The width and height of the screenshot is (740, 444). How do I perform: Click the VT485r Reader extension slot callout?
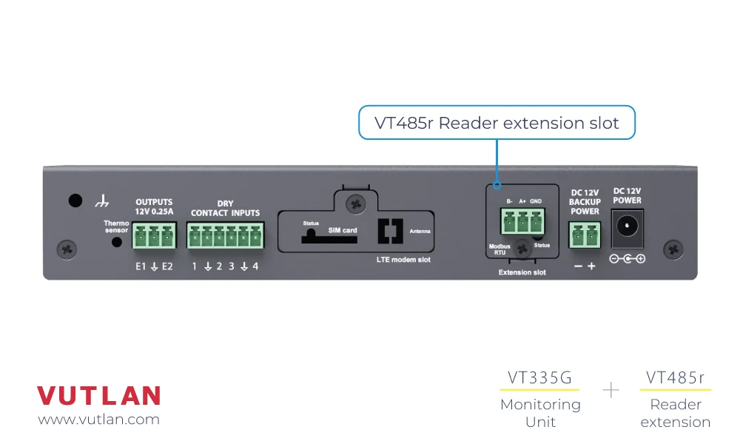(497, 123)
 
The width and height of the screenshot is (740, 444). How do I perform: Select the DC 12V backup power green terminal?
(585, 236)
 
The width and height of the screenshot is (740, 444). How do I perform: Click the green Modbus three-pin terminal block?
(522, 221)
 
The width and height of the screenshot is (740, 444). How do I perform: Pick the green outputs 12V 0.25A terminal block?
(155, 236)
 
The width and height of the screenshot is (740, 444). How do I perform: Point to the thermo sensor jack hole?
(117, 242)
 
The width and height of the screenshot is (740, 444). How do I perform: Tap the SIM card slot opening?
(320, 237)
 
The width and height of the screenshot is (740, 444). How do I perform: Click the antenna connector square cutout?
(388, 232)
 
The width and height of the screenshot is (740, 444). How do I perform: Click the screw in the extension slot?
(525, 248)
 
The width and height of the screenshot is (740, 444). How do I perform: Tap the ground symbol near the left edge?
(102, 201)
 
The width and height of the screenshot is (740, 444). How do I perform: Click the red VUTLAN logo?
(98, 395)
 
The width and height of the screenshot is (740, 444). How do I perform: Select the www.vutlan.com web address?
(98, 420)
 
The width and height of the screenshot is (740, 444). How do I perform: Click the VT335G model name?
(539, 378)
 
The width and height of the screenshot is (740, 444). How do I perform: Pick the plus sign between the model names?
(610, 390)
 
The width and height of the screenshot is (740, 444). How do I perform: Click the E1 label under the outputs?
(140, 266)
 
